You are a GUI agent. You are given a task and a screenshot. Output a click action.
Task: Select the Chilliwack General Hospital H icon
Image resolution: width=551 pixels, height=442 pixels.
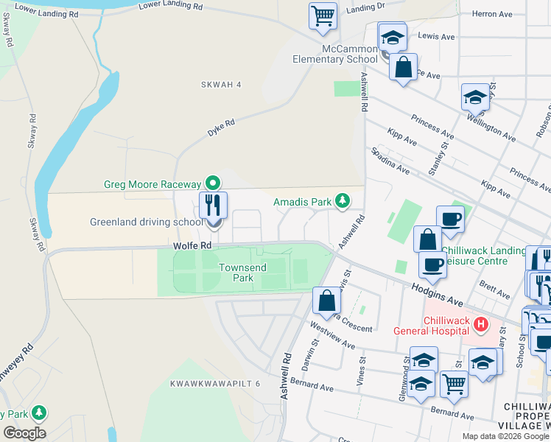click(481, 323)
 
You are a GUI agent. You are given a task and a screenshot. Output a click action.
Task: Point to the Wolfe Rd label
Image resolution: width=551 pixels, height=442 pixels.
click(193, 245)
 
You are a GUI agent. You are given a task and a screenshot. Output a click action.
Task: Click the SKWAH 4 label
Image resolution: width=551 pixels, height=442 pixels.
click(221, 85)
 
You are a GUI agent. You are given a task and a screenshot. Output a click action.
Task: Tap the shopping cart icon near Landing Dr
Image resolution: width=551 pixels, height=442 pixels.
click(323, 15)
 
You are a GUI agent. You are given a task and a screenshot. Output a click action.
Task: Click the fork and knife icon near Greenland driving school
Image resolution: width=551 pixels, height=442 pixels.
click(214, 204)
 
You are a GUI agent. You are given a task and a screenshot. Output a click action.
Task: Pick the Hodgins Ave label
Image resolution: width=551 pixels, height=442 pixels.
click(436, 296)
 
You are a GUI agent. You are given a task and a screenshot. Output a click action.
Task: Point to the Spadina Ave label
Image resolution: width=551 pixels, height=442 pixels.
click(390, 160)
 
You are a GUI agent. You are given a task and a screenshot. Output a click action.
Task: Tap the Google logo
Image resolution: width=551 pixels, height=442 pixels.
click(24, 433)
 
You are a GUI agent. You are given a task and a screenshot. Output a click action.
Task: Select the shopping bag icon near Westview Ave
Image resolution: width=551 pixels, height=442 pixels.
click(326, 300)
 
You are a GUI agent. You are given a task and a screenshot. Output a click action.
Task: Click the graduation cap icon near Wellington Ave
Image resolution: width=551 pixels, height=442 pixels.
click(475, 97)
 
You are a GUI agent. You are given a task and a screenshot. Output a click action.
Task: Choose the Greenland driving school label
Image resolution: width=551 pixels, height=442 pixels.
click(146, 222)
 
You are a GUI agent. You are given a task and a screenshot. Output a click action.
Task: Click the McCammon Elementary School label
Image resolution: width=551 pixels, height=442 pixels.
click(334, 54)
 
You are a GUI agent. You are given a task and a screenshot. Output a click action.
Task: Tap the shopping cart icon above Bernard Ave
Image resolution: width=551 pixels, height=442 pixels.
click(454, 382)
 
